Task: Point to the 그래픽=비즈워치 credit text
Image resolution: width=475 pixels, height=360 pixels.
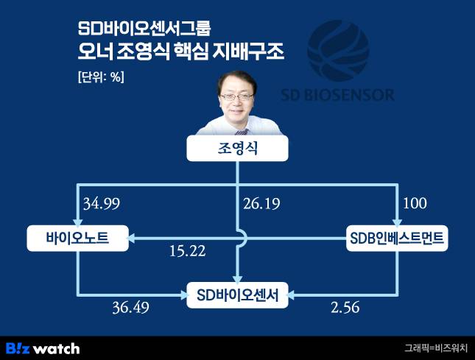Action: coord(434,347)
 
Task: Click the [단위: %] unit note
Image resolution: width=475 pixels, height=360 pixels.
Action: coord(100,77)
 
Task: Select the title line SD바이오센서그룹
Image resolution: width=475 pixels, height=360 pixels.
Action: coord(144,30)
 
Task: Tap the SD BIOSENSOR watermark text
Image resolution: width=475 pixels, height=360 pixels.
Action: coord(338,95)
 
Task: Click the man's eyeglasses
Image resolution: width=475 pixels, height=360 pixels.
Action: coord(238,96)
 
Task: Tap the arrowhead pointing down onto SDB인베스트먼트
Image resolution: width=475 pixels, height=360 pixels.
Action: coord(397,222)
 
